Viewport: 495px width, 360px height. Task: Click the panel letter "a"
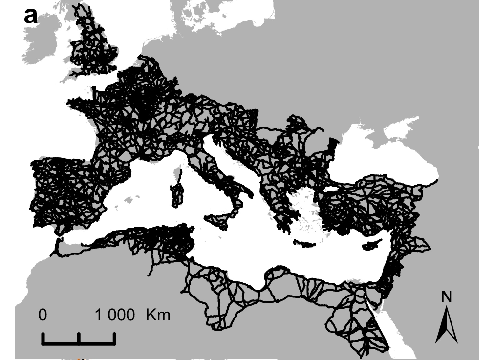pos(30,16)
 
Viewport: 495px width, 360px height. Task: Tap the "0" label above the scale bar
pos(43,315)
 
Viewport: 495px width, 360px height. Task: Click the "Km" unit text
pos(158,315)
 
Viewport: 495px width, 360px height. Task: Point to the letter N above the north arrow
pos(446,296)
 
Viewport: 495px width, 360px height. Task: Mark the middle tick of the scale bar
pos(79,337)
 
